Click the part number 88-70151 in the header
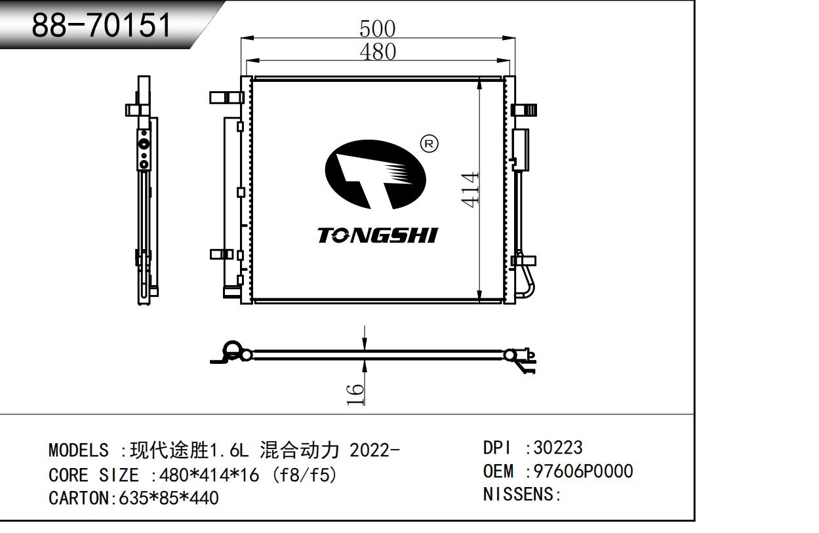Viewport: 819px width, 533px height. [101, 25]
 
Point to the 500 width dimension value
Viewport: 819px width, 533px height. [377, 29]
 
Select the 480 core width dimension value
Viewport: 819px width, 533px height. [378, 52]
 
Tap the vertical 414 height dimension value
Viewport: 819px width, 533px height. [470, 189]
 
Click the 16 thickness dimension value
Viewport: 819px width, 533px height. [355, 395]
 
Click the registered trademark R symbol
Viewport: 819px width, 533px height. [429, 144]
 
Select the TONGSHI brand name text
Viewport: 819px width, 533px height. [377, 235]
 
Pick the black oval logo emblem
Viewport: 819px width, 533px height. [376, 175]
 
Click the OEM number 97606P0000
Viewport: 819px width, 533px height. [584, 471]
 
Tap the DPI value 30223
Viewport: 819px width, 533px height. [558, 448]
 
